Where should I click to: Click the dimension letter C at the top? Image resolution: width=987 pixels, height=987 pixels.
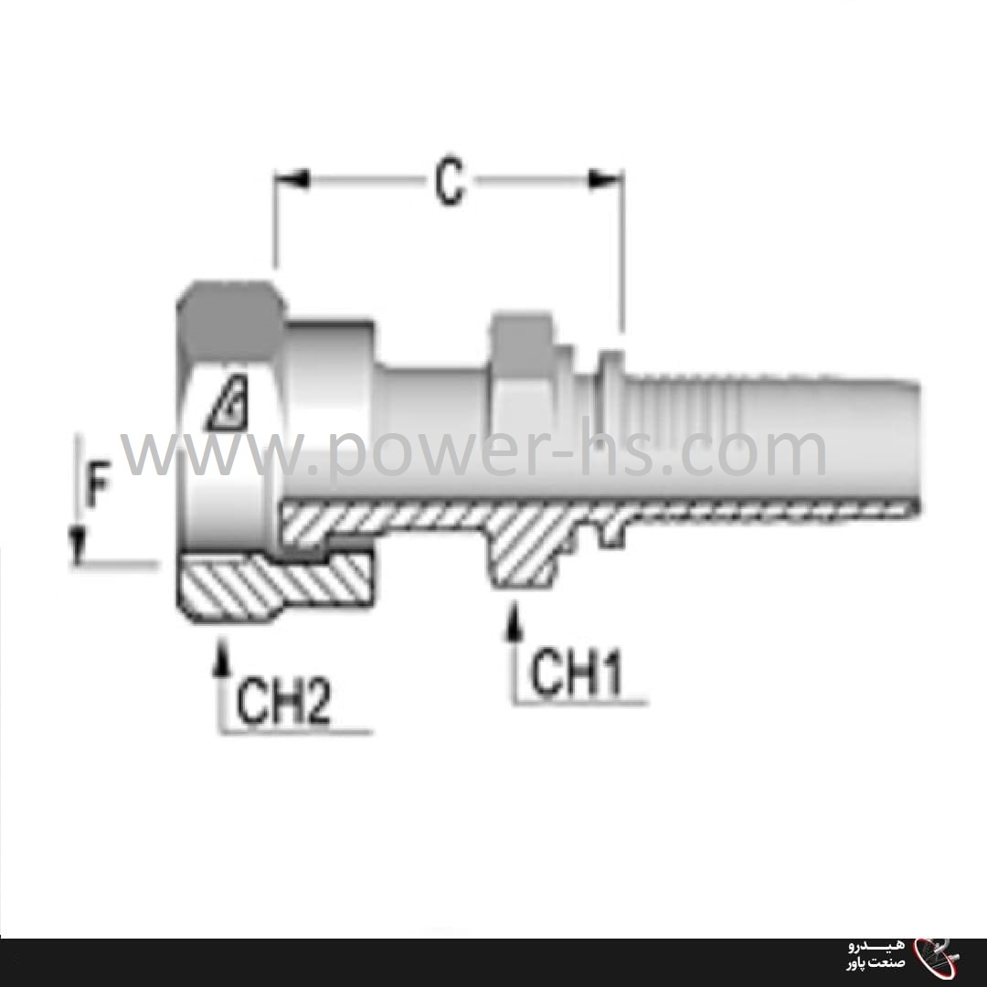[x=449, y=184]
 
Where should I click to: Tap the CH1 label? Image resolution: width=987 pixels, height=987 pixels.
[x=577, y=675]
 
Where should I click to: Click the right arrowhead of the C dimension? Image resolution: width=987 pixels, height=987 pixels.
[x=607, y=180]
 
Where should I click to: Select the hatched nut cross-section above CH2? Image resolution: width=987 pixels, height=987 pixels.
[x=274, y=585]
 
